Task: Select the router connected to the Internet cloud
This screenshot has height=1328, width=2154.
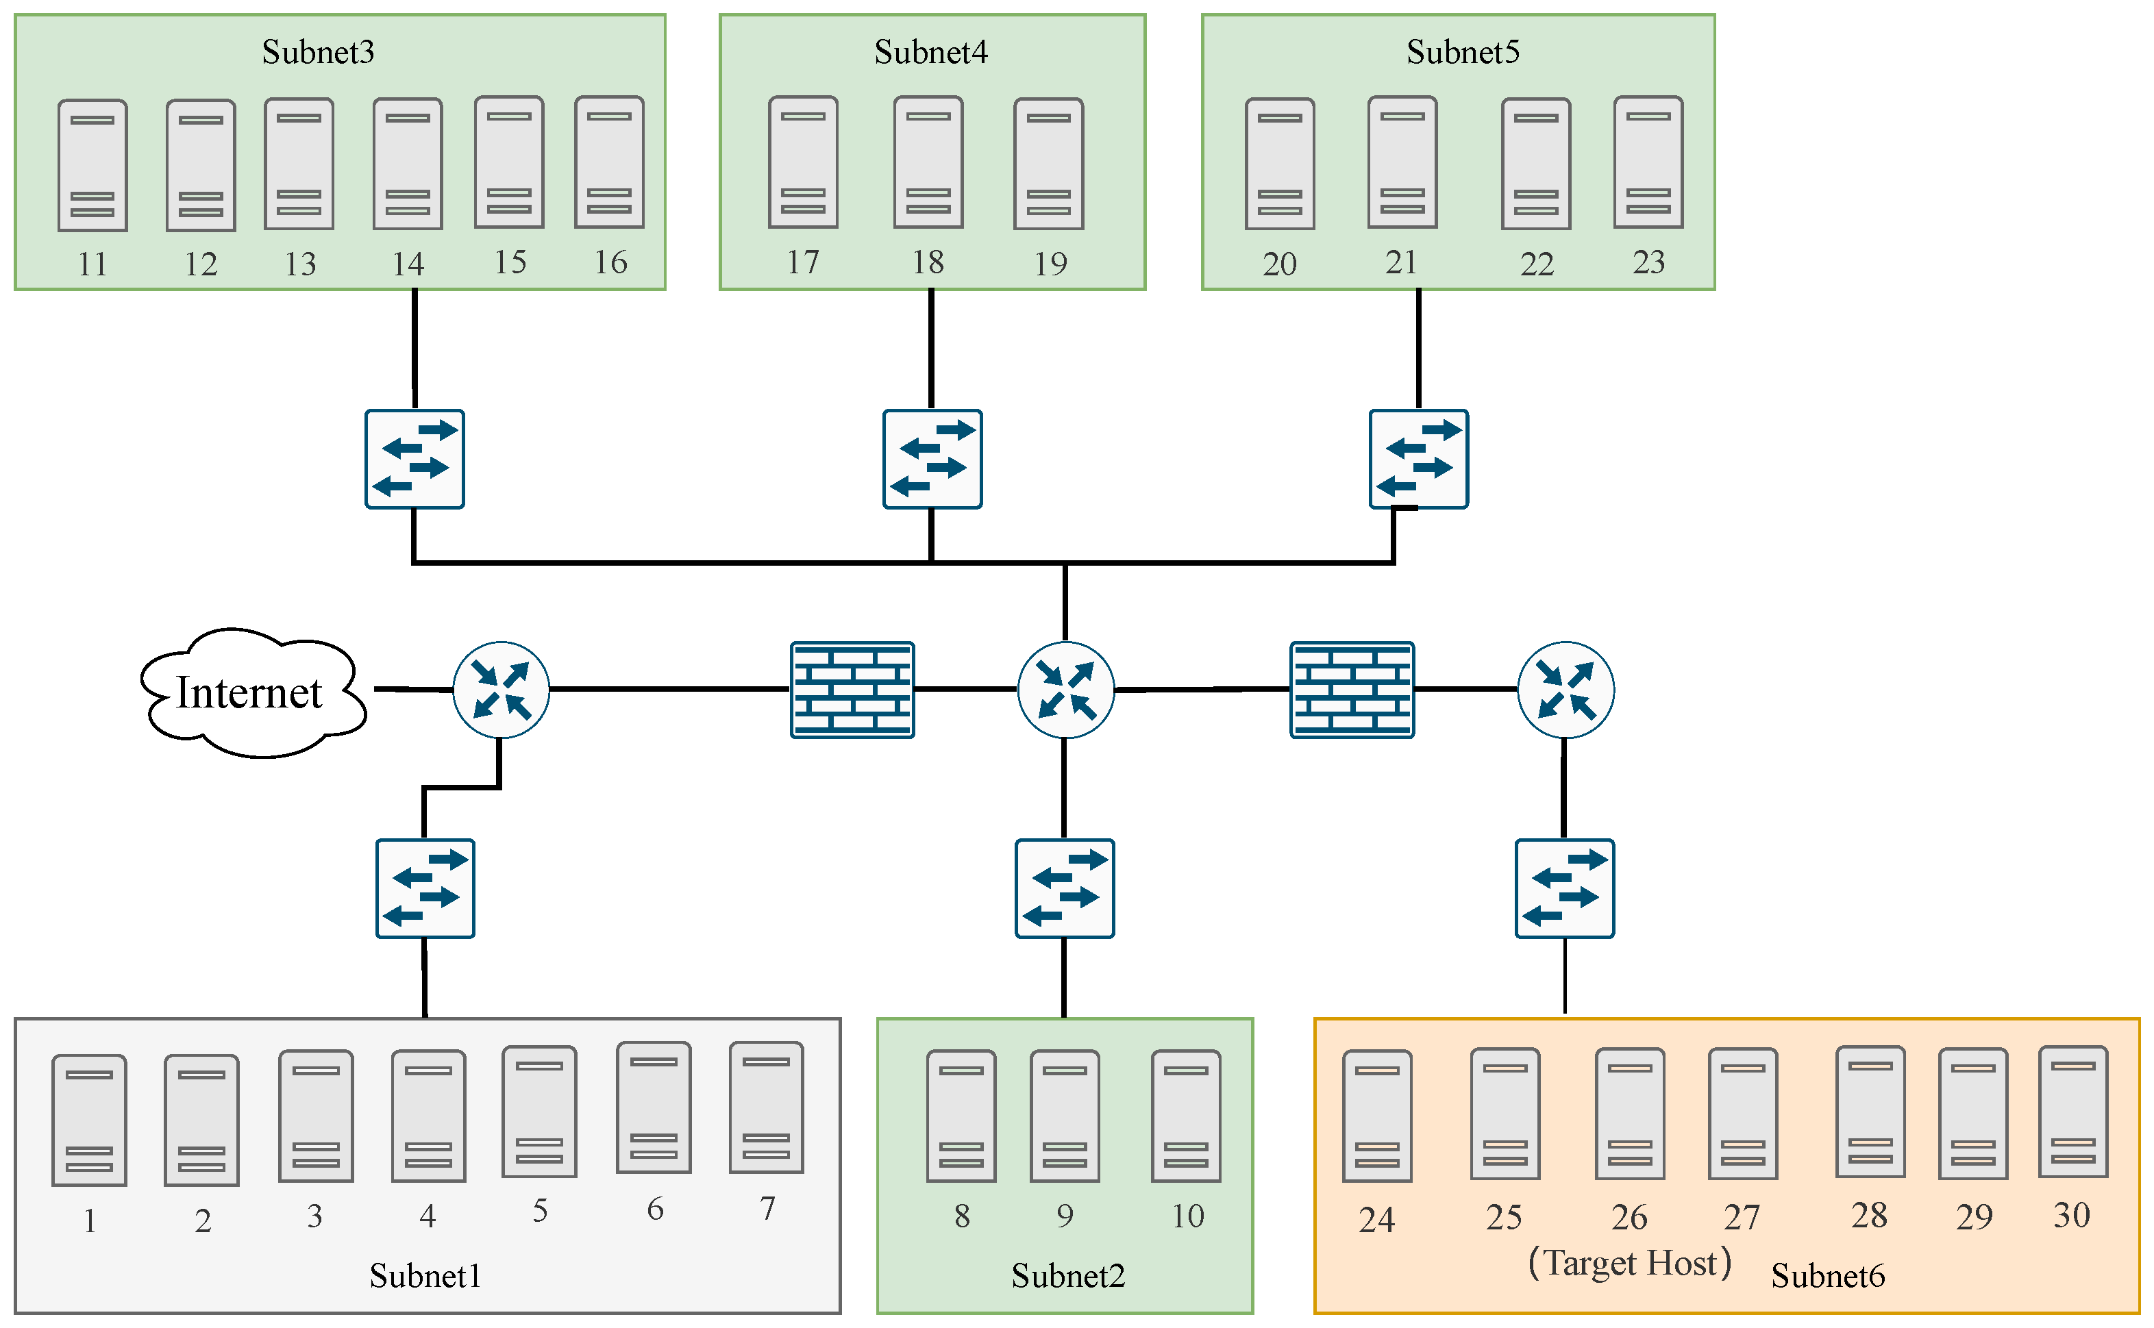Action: click(501, 690)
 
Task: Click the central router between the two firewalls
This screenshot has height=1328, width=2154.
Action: click(1065, 690)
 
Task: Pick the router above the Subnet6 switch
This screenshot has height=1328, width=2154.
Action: click(1565, 690)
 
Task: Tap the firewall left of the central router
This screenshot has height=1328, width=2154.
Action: click(852, 690)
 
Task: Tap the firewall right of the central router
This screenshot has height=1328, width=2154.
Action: click(1352, 690)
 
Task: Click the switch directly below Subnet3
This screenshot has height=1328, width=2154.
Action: click(414, 458)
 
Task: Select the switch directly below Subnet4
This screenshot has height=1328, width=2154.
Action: click(932, 458)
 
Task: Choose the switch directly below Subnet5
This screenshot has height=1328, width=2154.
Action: click(1419, 458)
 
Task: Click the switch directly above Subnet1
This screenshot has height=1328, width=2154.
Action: click(425, 888)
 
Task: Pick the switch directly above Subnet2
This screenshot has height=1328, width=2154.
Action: click(1065, 888)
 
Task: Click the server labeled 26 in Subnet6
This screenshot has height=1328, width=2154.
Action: click(1630, 1113)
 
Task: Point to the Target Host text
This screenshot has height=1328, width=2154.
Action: click(1630, 1263)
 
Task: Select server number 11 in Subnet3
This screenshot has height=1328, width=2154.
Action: click(92, 165)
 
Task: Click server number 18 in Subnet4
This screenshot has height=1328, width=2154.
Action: click(928, 162)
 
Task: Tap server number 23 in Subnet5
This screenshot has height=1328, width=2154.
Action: click(1648, 162)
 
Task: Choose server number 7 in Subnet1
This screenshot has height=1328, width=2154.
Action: click(766, 1107)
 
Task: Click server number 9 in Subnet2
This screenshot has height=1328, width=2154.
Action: click(1065, 1116)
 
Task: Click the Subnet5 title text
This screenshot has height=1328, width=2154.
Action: click(1463, 52)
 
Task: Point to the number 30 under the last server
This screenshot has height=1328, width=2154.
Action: click(2071, 1216)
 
